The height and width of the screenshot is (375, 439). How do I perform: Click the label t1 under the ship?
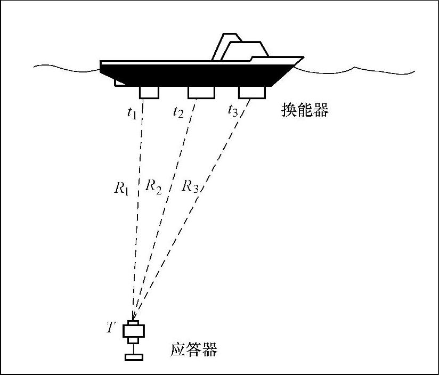pos(132,113)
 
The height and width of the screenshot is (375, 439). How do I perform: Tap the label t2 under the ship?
pos(178,112)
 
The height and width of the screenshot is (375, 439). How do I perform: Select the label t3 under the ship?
pos(233,111)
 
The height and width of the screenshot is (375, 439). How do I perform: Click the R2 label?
pos(153,186)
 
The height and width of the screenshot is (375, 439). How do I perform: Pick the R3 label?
pos(190,186)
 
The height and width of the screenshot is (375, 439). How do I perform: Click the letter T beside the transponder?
pos(110,327)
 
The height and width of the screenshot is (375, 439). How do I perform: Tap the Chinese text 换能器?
pos(305,110)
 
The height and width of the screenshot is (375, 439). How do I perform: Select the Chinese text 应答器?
pos(194,350)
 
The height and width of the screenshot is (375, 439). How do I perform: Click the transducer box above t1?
pos(149,92)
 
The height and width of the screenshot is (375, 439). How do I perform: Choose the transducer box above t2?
pos(201,92)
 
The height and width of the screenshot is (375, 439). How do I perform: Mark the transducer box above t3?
pos(252,92)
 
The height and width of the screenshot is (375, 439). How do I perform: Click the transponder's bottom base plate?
pos(134,357)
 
